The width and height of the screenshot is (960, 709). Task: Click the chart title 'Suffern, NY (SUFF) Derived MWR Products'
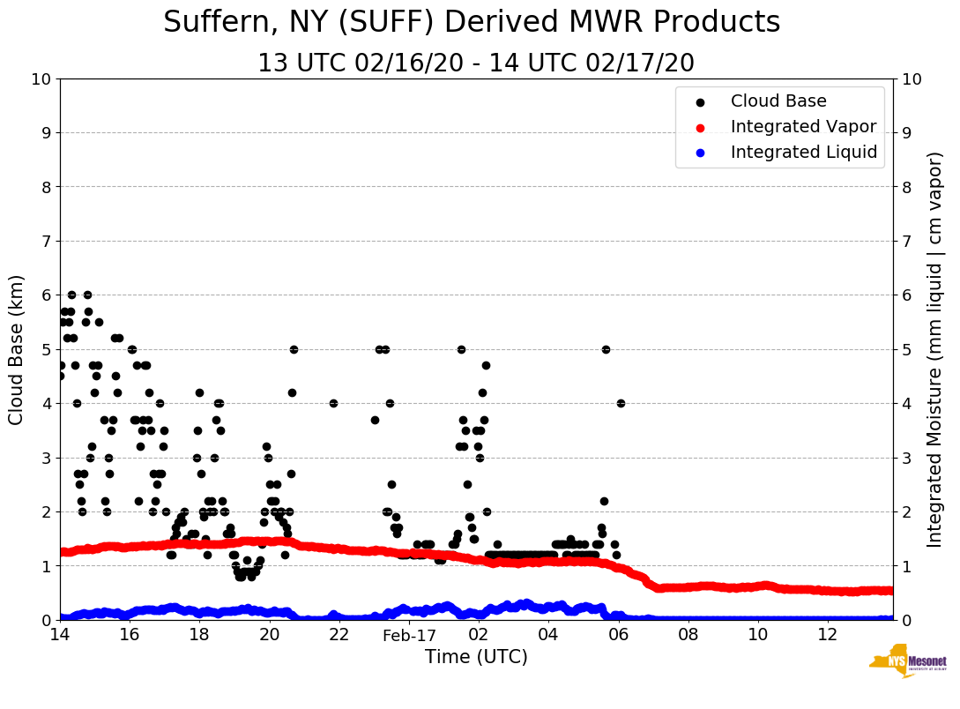(x=472, y=22)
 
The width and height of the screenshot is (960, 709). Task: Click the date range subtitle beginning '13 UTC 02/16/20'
(x=476, y=63)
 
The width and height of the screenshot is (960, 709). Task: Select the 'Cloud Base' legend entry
(x=778, y=101)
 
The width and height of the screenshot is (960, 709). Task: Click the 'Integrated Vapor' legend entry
(x=803, y=127)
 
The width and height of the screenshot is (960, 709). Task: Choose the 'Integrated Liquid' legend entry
(x=804, y=153)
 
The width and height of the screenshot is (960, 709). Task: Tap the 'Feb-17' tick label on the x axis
(x=409, y=635)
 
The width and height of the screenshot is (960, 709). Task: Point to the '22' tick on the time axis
(x=339, y=635)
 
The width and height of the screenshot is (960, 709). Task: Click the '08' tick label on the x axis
(x=688, y=635)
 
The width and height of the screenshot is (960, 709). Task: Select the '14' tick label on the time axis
(x=60, y=635)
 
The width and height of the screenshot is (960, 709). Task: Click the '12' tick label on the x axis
(x=828, y=635)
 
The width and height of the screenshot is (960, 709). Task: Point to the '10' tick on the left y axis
(x=41, y=78)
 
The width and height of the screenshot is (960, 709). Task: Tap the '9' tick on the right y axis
(x=905, y=133)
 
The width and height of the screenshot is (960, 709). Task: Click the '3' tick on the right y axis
(x=905, y=458)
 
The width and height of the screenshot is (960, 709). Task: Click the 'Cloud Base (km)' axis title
(x=17, y=349)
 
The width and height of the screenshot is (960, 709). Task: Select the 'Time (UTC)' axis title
(x=476, y=657)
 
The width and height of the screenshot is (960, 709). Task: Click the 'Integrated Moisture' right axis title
(x=935, y=349)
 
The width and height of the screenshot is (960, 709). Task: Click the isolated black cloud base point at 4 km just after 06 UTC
(x=621, y=403)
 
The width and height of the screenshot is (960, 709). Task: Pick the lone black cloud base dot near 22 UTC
(x=333, y=403)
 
